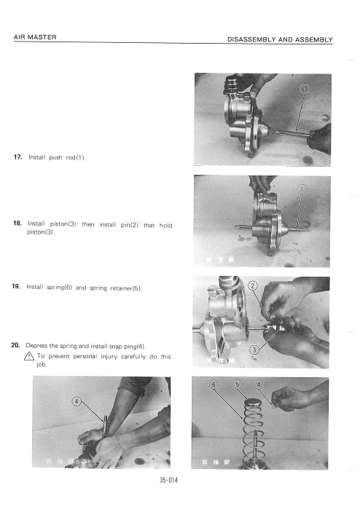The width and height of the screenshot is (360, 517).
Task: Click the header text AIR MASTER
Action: click(x=35, y=37)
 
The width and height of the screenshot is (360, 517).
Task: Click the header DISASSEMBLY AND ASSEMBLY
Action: click(x=280, y=39)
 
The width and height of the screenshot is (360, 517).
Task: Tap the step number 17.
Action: click(x=17, y=157)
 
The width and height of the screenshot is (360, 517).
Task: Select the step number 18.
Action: click(x=17, y=224)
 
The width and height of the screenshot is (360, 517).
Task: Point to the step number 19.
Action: click(x=16, y=286)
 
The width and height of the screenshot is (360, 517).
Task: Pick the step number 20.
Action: click(x=15, y=345)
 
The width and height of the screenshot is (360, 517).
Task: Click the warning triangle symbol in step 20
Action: click(x=29, y=356)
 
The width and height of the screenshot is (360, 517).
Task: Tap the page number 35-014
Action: click(x=168, y=480)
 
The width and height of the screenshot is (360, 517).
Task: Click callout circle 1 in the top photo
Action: click(x=304, y=88)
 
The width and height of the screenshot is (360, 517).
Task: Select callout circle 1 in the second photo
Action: click(x=302, y=189)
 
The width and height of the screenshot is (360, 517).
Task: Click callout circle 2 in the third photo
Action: click(x=252, y=285)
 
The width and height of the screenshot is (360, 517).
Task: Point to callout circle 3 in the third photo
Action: click(x=254, y=350)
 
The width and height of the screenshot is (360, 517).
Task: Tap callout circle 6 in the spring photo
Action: click(x=214, y=384)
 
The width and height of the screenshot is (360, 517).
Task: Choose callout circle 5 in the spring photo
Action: click(x=238, y=384)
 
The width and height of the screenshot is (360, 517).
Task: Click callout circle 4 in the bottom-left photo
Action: click(x=77, y=401)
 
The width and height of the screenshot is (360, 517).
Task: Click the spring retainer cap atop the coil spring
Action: click(x=254, y=402)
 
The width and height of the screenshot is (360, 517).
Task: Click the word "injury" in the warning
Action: click(x=109, y=356)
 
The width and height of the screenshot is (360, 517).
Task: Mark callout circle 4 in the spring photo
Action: click(x=258, y=384)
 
